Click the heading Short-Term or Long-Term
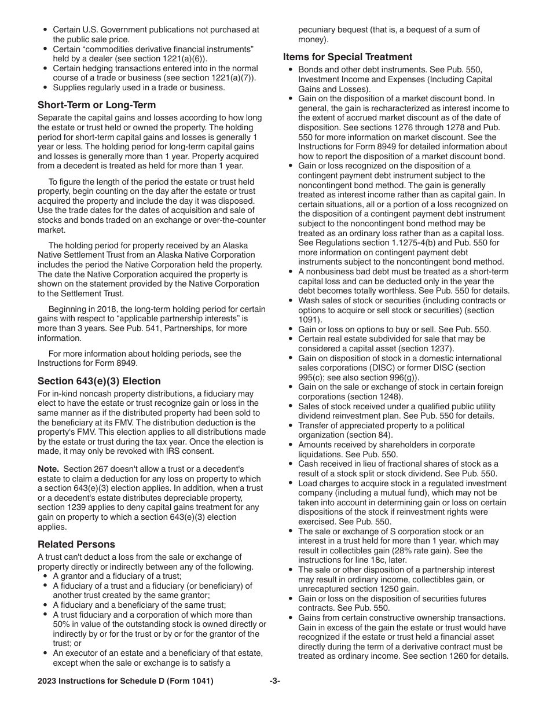pos(96,105)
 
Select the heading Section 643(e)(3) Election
pos(99,381)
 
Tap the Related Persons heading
pos(76,544)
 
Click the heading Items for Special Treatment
pos(347,57)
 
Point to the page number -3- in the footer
pos(274,681)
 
